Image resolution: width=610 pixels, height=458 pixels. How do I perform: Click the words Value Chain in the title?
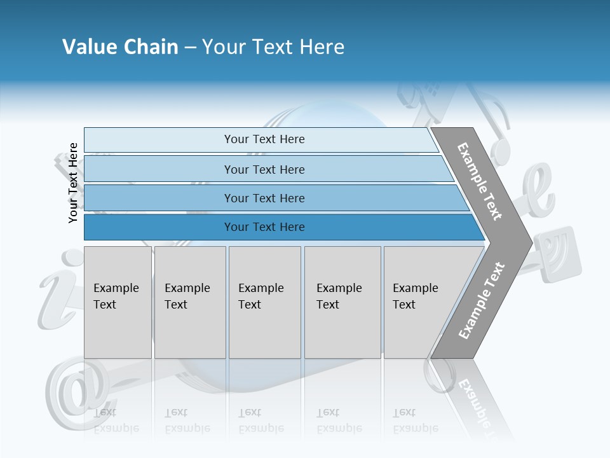click(x=120, y=47)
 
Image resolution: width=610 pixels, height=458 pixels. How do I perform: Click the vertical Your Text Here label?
click(x=73, y=183)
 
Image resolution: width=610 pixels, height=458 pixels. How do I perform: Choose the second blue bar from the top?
click(x=264, y=169)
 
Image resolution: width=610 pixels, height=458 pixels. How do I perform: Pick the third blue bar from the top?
click(x=264, y=198)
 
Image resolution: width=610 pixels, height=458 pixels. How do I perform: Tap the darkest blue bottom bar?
click(x=264, y=227)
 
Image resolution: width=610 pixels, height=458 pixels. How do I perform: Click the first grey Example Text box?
click(x=118, y=302)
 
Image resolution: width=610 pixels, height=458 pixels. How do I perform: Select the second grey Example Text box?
click(x=189, y=302)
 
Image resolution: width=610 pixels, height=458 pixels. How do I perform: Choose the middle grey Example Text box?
click(x=264, y=302)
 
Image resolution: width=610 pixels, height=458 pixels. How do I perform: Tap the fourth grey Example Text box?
click(x=342, y=302)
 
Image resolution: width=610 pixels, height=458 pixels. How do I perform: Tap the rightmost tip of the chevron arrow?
click(x=531, y=242)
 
